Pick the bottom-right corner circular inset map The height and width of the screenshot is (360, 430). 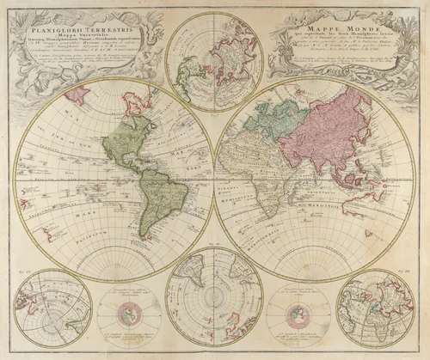coord(376,313)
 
